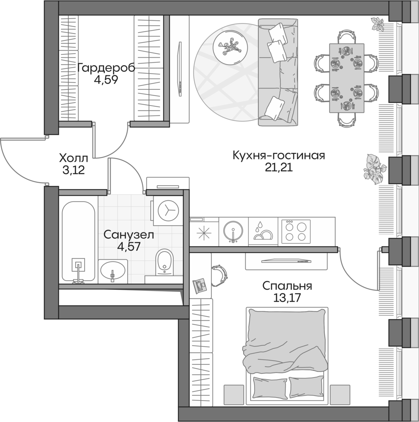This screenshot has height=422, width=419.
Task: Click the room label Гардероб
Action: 106,67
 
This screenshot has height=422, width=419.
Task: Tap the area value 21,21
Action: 279,168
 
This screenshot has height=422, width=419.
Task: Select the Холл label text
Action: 73,158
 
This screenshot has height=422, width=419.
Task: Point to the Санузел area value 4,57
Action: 128,249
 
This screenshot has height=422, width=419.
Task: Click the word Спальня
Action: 287,286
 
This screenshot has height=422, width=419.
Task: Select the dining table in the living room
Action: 346,78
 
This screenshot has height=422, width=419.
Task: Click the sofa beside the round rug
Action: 277,72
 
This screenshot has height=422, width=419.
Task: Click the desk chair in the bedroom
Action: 219,274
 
